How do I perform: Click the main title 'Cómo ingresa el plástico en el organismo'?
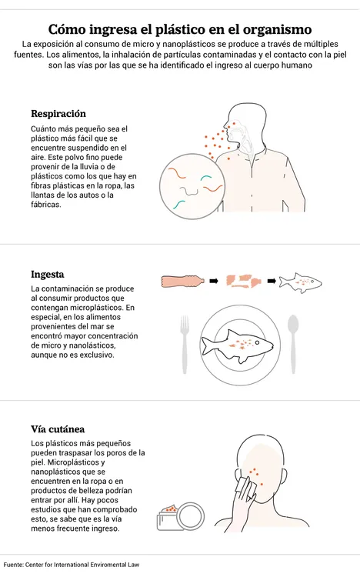click(180, 29)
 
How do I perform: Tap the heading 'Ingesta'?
click(47, 274)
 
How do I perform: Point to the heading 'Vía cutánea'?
click(58, 429)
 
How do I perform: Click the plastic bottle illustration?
click(183, 282)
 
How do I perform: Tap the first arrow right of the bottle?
click(215, 282)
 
